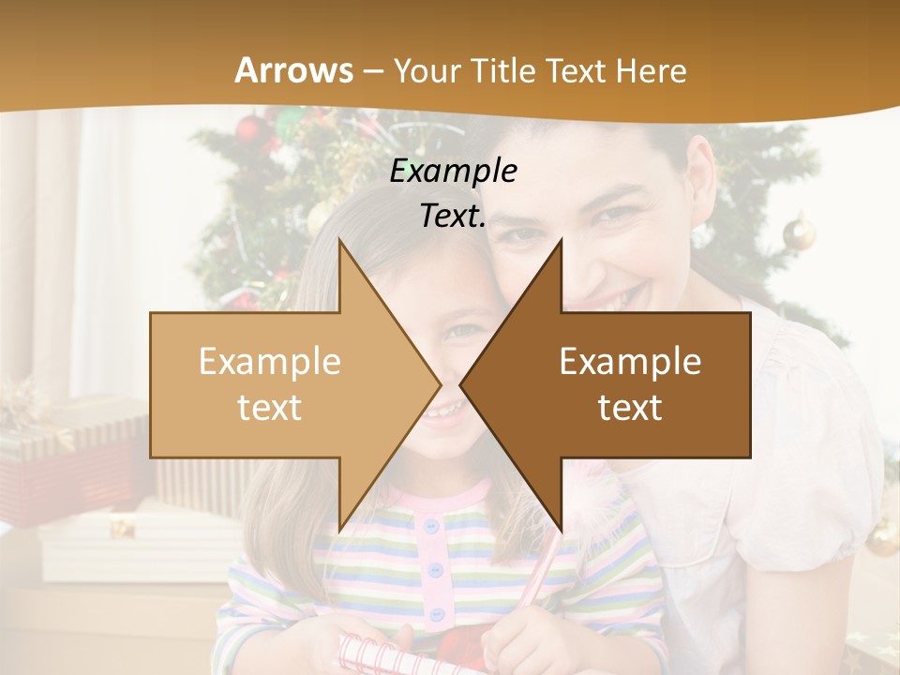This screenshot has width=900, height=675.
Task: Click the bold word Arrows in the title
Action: [x=294, y=70]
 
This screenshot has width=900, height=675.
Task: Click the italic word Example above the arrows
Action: [x=453, y=172]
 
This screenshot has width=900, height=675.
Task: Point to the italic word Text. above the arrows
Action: [x=453, y=216]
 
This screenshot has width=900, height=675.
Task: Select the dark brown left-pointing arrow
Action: [x=619, y=384]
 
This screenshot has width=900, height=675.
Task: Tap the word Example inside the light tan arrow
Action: [x=270, y=362]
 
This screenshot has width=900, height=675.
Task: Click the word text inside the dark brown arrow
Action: [x=630, y=407]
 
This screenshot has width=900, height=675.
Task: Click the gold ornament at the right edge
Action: [x=799, y=232]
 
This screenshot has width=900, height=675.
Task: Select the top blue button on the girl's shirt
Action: [x=432, y=527]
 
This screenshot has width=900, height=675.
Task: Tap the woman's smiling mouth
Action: [x=614, y=301]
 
